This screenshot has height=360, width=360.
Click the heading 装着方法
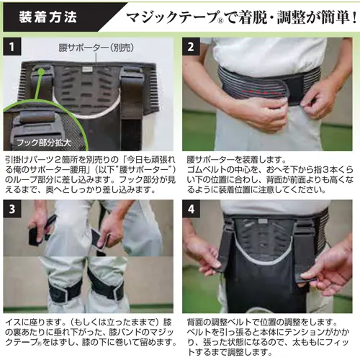coord(48,17)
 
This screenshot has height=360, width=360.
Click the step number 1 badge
coord(12,47)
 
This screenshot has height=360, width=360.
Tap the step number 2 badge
coord(191,47)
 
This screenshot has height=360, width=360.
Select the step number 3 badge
coord(12,209)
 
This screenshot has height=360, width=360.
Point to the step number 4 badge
coord(191,209)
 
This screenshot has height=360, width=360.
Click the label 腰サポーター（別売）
coord(96,48)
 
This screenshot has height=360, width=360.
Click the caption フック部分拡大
coord(44,143)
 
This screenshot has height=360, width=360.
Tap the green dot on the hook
coord(41,71)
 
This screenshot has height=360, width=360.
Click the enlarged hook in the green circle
coord(36,122)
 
